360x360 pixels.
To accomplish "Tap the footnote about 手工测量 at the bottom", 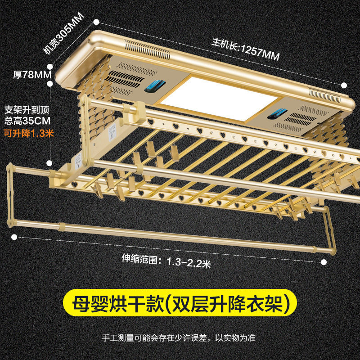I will click(x=180, y=337).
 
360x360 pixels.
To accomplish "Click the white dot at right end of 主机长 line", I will click(x=344, y=85).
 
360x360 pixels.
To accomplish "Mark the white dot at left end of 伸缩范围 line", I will click(x=14, y=236).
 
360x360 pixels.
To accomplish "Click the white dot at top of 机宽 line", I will click(x=96, y=21).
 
